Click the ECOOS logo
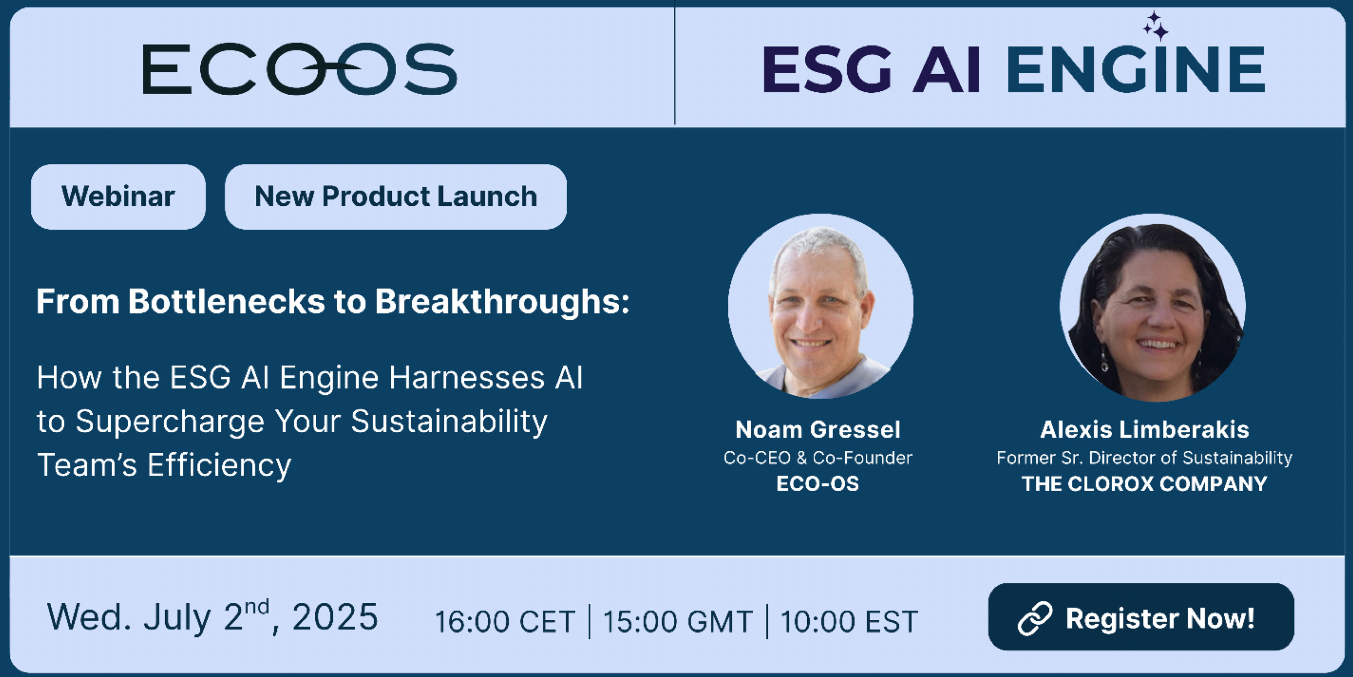click(x=300, y=69)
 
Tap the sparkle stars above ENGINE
click(x=1156, y=26)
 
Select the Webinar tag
click(x=118, y=196)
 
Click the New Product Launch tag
click(x=395, y=196)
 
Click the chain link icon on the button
click(x=1035, y=618)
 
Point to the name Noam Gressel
click(x=818, y=429)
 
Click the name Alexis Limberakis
click(x=1145, y=429)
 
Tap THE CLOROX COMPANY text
click(x=1145, y=484)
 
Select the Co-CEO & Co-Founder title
click(x=818, y=458)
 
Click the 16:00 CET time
click(x=505, y=622)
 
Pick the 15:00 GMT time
click(x=678, y=622)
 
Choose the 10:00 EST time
click(x=849, y=622)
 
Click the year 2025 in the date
click(x=335, y=616)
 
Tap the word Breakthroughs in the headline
click(x=502, y=302)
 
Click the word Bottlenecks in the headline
click(x=226, y=302)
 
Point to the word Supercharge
click(x=170, y=422)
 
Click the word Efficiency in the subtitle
click(x=219, y=466)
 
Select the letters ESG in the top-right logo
click(x=827, y=69)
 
